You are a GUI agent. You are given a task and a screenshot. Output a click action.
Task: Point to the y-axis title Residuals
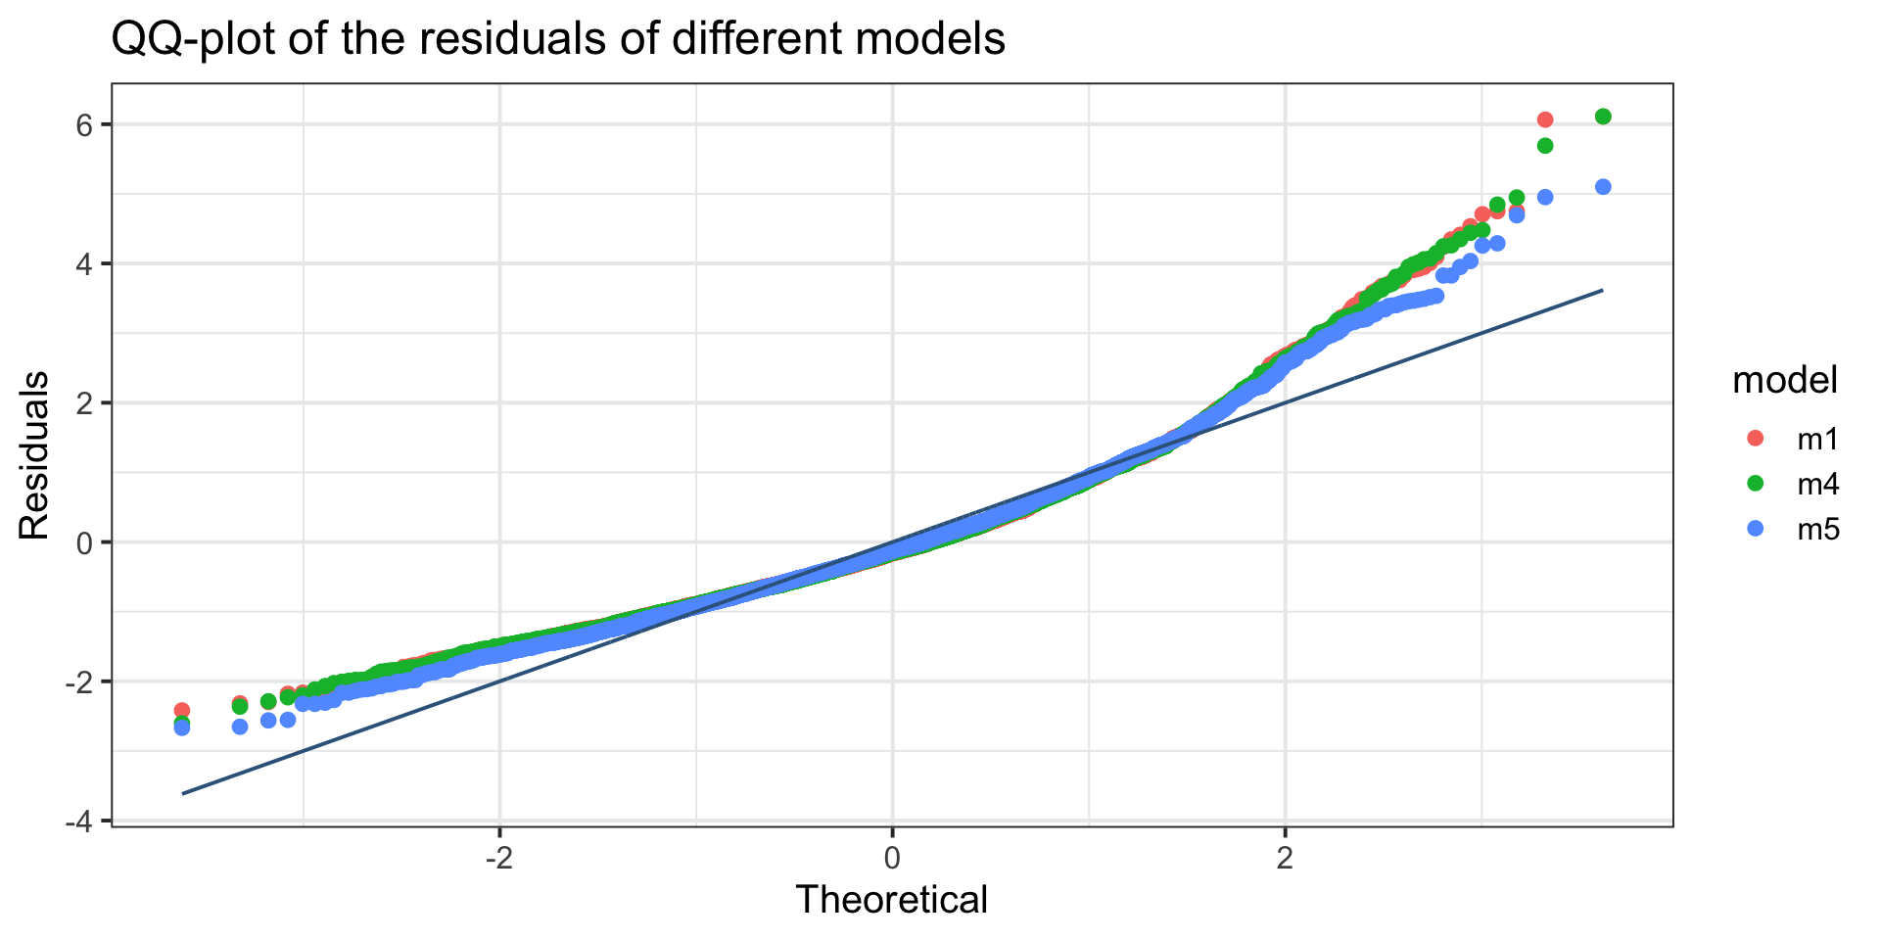coord(34,455)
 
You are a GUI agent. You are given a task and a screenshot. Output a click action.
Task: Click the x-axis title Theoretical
coord(892,899)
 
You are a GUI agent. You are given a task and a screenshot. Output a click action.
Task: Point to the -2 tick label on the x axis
coord(498,859)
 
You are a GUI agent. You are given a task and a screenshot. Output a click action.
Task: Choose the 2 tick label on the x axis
coord(1285,859)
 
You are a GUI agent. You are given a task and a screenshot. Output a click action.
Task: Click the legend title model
coord(1785,380)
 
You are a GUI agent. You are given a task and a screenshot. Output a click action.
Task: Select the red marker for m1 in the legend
coord(1756,439)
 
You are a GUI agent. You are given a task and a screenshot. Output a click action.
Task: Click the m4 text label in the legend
coord(1818,485)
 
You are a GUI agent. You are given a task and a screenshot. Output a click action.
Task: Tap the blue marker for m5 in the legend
coord(1756,529)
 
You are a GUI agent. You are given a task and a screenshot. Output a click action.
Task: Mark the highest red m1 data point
coord(1545,119)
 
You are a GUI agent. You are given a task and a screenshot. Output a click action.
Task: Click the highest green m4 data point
coord(1603,117)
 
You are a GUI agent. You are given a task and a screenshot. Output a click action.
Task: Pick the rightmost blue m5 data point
coord(1603,187)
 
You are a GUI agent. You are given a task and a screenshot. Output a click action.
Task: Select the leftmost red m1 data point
coord(181,710)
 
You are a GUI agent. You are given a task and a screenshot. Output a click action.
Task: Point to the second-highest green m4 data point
coord(1545,146)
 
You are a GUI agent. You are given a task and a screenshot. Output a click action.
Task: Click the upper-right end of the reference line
coord(1603,290)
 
